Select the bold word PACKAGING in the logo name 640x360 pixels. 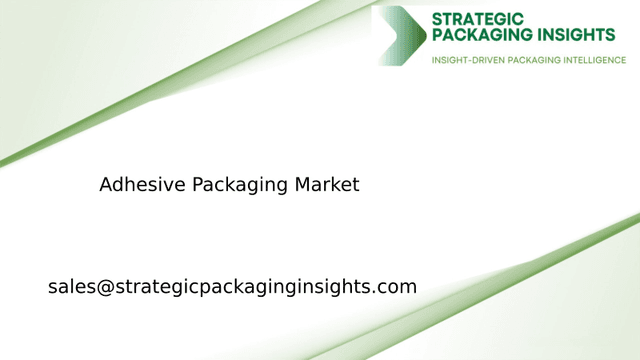(x=476, y=35)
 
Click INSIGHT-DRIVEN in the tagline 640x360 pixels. (x=464, y=61)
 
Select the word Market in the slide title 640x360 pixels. (x=327, y=185)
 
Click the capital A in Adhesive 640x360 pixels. (x=107, y=185)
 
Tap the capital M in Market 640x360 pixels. (x=303, y=185)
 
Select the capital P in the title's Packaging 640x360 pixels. (x=196, y=185)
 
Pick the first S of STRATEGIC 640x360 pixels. (x=437, y=18)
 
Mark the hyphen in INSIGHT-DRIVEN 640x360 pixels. (x=466, y=61)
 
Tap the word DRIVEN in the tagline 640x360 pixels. (x=483, y=61)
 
